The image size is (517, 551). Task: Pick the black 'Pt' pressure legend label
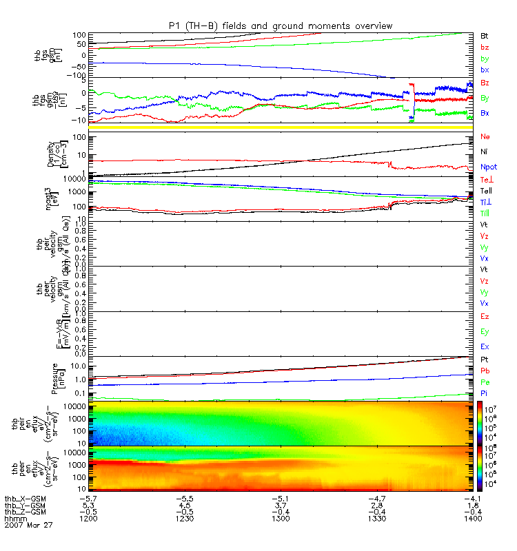484,360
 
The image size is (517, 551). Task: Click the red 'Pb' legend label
484,371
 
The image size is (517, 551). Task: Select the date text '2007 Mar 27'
28,525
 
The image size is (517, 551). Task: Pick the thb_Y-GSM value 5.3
87,504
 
